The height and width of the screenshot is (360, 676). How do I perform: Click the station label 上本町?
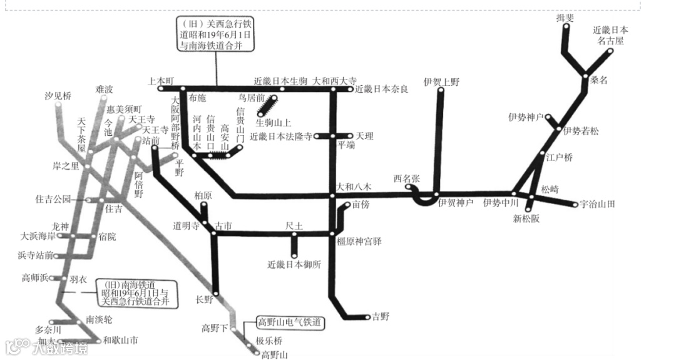(160, 81)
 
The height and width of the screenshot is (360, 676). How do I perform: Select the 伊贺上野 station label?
(441, 82)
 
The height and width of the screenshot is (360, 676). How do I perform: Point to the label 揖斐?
(565, 18)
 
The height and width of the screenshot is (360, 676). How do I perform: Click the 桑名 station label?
(599, 80)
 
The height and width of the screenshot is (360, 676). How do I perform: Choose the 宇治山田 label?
(598, 204)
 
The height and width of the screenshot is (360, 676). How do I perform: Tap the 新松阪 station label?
(526, 219)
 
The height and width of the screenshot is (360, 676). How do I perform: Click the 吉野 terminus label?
(380, 317)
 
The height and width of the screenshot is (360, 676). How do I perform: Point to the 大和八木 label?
(354, 187)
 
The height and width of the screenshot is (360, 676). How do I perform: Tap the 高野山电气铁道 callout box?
(290, 323)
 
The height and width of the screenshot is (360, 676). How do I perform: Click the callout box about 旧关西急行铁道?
(217, 34)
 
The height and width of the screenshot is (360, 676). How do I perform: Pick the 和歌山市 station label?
(121, 341)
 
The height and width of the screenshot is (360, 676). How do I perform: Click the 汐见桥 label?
(58, 96)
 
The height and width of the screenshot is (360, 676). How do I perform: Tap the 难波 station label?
(105, 90)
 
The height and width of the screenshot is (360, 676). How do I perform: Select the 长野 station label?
(204, 300)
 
